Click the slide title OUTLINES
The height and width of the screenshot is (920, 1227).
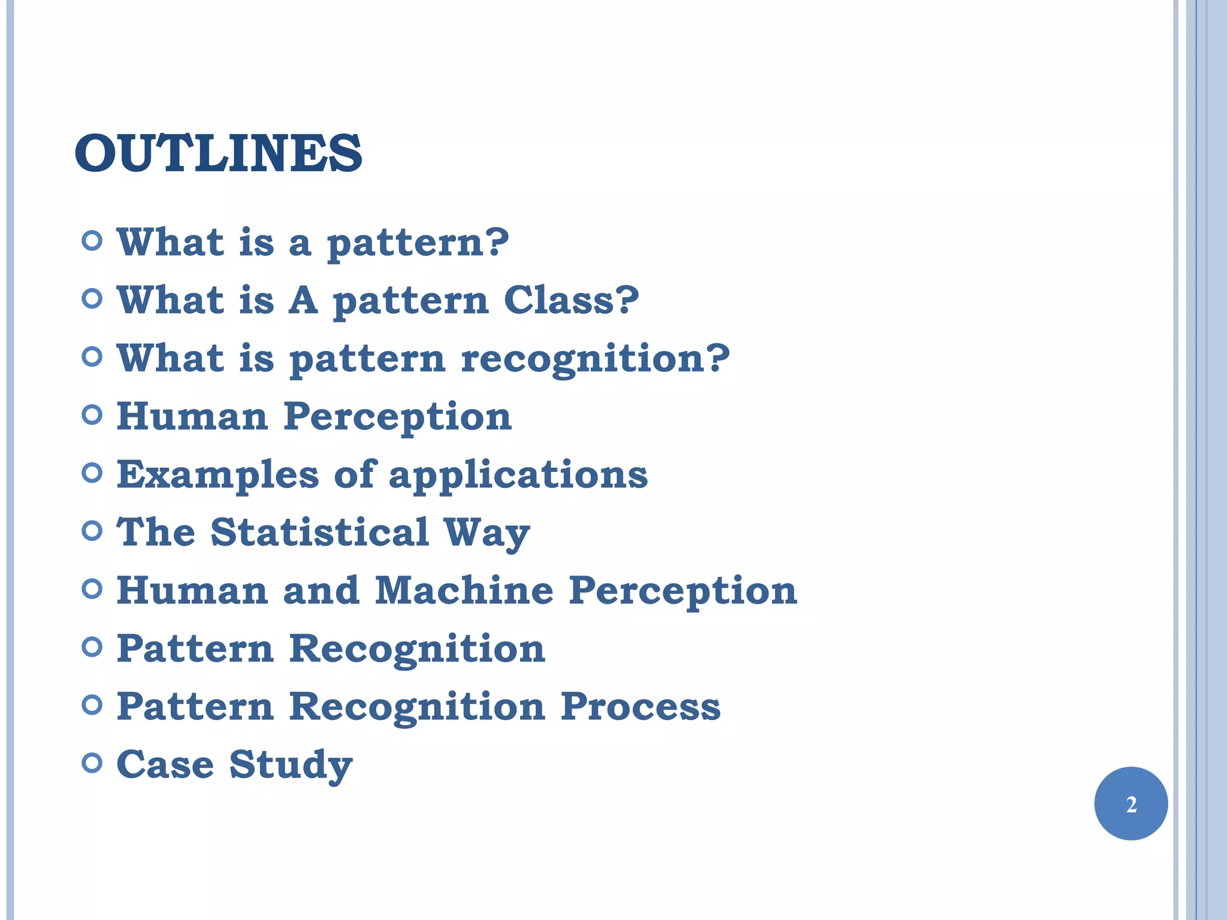(x=218, y=153)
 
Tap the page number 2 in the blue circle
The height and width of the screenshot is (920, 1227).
(x=1131, y=804)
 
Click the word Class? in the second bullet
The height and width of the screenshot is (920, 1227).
(x=571, y=300)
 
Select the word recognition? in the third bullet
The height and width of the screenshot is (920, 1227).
(x=596, y=358)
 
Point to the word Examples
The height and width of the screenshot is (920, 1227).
(x=217, y=475)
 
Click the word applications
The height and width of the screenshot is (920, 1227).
(x=518, y=475)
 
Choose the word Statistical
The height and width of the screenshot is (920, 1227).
(x=320, y=532)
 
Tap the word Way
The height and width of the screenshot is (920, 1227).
(x=486, y=533)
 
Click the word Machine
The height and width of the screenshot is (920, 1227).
(x=464, y=591)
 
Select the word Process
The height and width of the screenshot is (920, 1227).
(x=640, y=706)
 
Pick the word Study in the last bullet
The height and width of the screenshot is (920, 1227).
(x=291, y=765)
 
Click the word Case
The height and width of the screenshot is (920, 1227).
(x=165, y=765)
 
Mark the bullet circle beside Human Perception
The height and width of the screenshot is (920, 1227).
(x=92, y=414)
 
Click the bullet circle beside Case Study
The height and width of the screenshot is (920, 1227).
(x=92, y=763)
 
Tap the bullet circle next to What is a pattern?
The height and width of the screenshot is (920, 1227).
(x=92, y=241)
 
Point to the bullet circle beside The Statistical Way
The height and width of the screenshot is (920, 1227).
(x=92, y=531)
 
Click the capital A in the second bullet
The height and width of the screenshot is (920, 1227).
(x=303, y=300)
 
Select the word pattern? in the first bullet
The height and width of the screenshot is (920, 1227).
(x=418, y=243)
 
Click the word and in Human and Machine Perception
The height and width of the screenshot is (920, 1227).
(x=321, y=591)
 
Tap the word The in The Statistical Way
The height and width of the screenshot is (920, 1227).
(x=156, y=532)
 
